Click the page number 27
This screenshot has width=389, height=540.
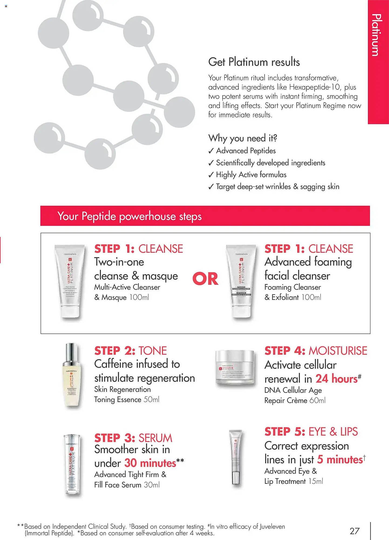pos(354,531)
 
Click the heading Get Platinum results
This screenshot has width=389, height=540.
pos(254,62)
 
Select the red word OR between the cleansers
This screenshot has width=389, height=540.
pos(205,279)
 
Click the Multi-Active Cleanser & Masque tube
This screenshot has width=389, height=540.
pos(70,281)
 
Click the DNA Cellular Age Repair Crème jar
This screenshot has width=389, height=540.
pos(235,367)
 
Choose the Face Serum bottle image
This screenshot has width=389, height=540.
pos(72,464)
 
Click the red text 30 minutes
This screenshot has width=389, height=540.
pos(150,463)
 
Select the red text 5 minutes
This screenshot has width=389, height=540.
pos(340,459)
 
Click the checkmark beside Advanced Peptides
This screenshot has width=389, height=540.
pos(211,151)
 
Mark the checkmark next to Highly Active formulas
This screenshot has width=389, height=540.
pos(211,175)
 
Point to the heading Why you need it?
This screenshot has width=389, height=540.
pos(242,138)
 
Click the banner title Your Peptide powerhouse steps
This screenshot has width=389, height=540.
pos(129,216)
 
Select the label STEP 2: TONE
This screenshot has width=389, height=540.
pos(130,350)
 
